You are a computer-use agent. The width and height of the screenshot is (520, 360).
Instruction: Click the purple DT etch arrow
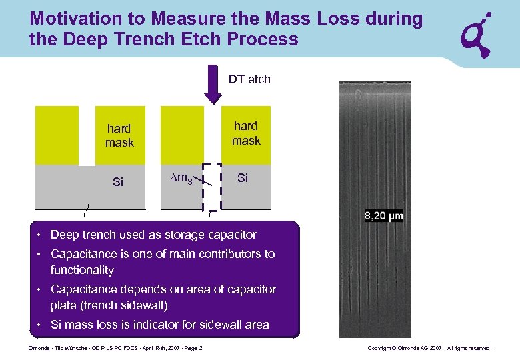click(213, 84)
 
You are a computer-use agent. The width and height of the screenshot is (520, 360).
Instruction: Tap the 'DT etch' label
click(249, 79)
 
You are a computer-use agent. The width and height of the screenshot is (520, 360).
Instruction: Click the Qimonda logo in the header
click(478, 35)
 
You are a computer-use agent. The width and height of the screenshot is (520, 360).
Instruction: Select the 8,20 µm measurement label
click(384, 216)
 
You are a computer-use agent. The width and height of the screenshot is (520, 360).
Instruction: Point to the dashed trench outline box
click(212, 187)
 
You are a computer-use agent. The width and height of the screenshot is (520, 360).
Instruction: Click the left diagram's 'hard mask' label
click(119, 135)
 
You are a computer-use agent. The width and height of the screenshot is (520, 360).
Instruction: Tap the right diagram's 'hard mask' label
click(246, 133)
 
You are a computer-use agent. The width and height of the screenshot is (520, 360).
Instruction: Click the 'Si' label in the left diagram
click(118, 181)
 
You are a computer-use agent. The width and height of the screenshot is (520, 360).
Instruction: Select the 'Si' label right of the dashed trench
click(243, 178)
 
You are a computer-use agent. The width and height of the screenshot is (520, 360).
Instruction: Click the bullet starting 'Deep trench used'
click(153, 235)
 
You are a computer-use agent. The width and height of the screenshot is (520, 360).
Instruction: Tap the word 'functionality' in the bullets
click(82, 270)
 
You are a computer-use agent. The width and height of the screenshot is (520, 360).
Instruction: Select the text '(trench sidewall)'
click(109, 305)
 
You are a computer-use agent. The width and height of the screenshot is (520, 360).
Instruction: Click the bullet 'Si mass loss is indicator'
click(159, 325)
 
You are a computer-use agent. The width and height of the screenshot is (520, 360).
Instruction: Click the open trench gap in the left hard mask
click(86, 135)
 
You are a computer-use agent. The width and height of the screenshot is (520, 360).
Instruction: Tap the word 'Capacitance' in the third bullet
click(83, 289)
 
